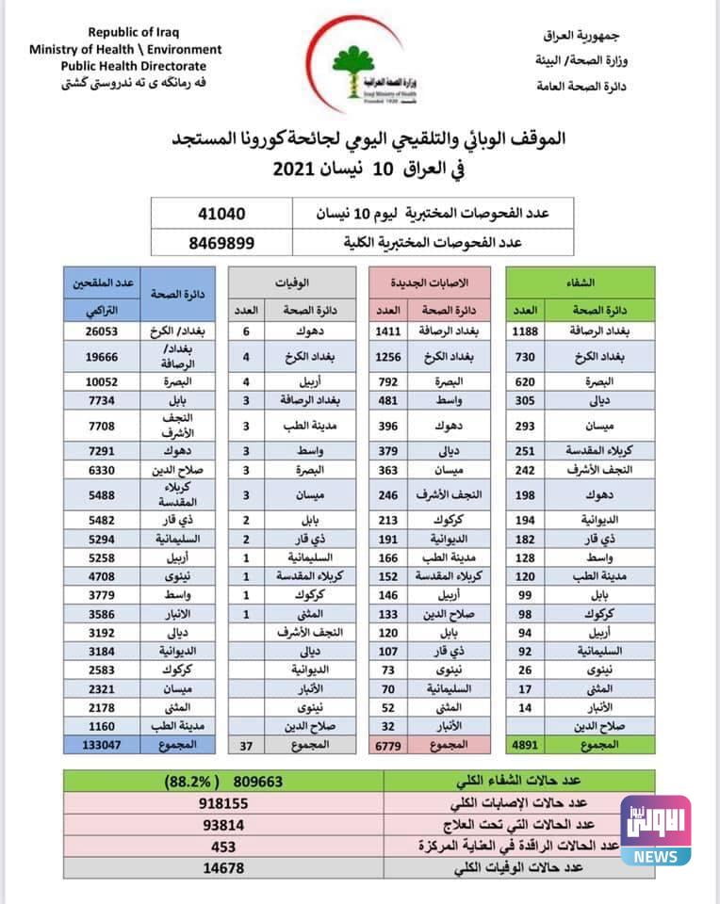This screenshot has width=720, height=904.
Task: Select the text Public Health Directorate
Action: point(125,66)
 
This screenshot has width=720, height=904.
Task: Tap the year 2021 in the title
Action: point(301,169)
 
